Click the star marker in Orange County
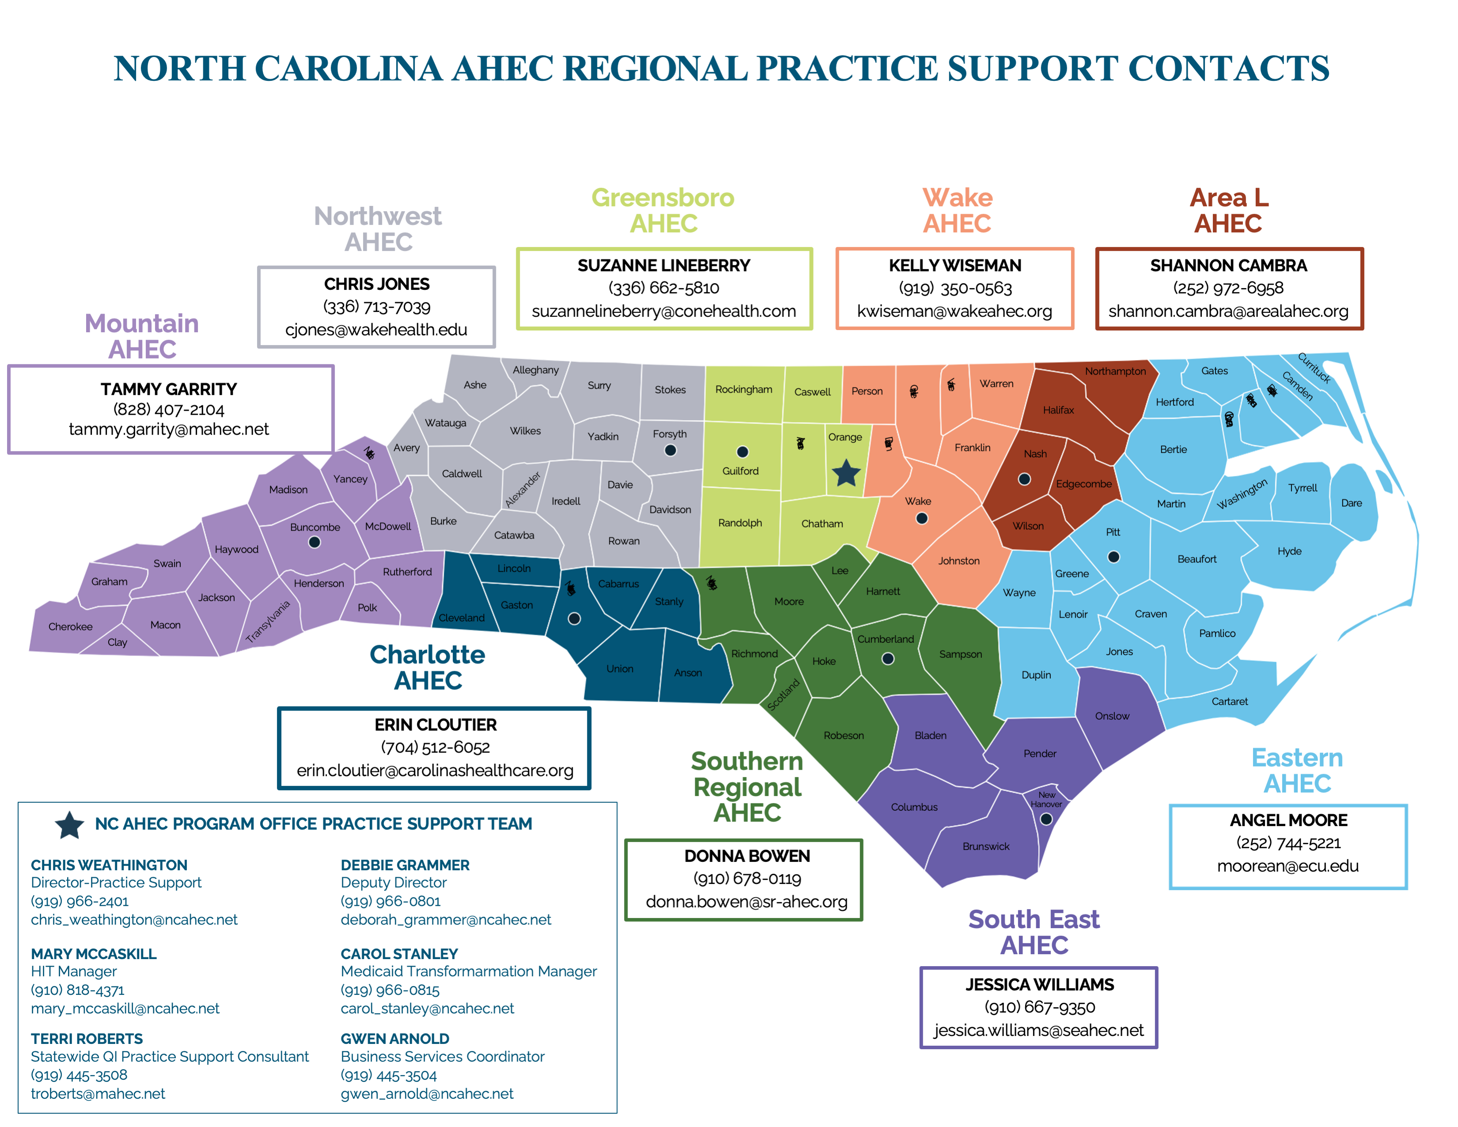(846, 473)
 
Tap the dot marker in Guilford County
(742, 452)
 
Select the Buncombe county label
(314, 527)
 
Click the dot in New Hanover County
(1046, 819)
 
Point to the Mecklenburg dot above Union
(573, 619)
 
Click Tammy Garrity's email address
(169, 429)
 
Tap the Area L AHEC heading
(1228, 210)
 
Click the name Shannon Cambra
(1228, 266)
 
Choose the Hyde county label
(1289, 551)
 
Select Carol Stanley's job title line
(468, 971)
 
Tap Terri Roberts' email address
(98, 1093)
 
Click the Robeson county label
(843, 735)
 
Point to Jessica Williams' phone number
(1039, 1007)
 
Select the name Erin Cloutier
(435, 725)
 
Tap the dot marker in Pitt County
(1113, 557)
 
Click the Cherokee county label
(70, 626)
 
